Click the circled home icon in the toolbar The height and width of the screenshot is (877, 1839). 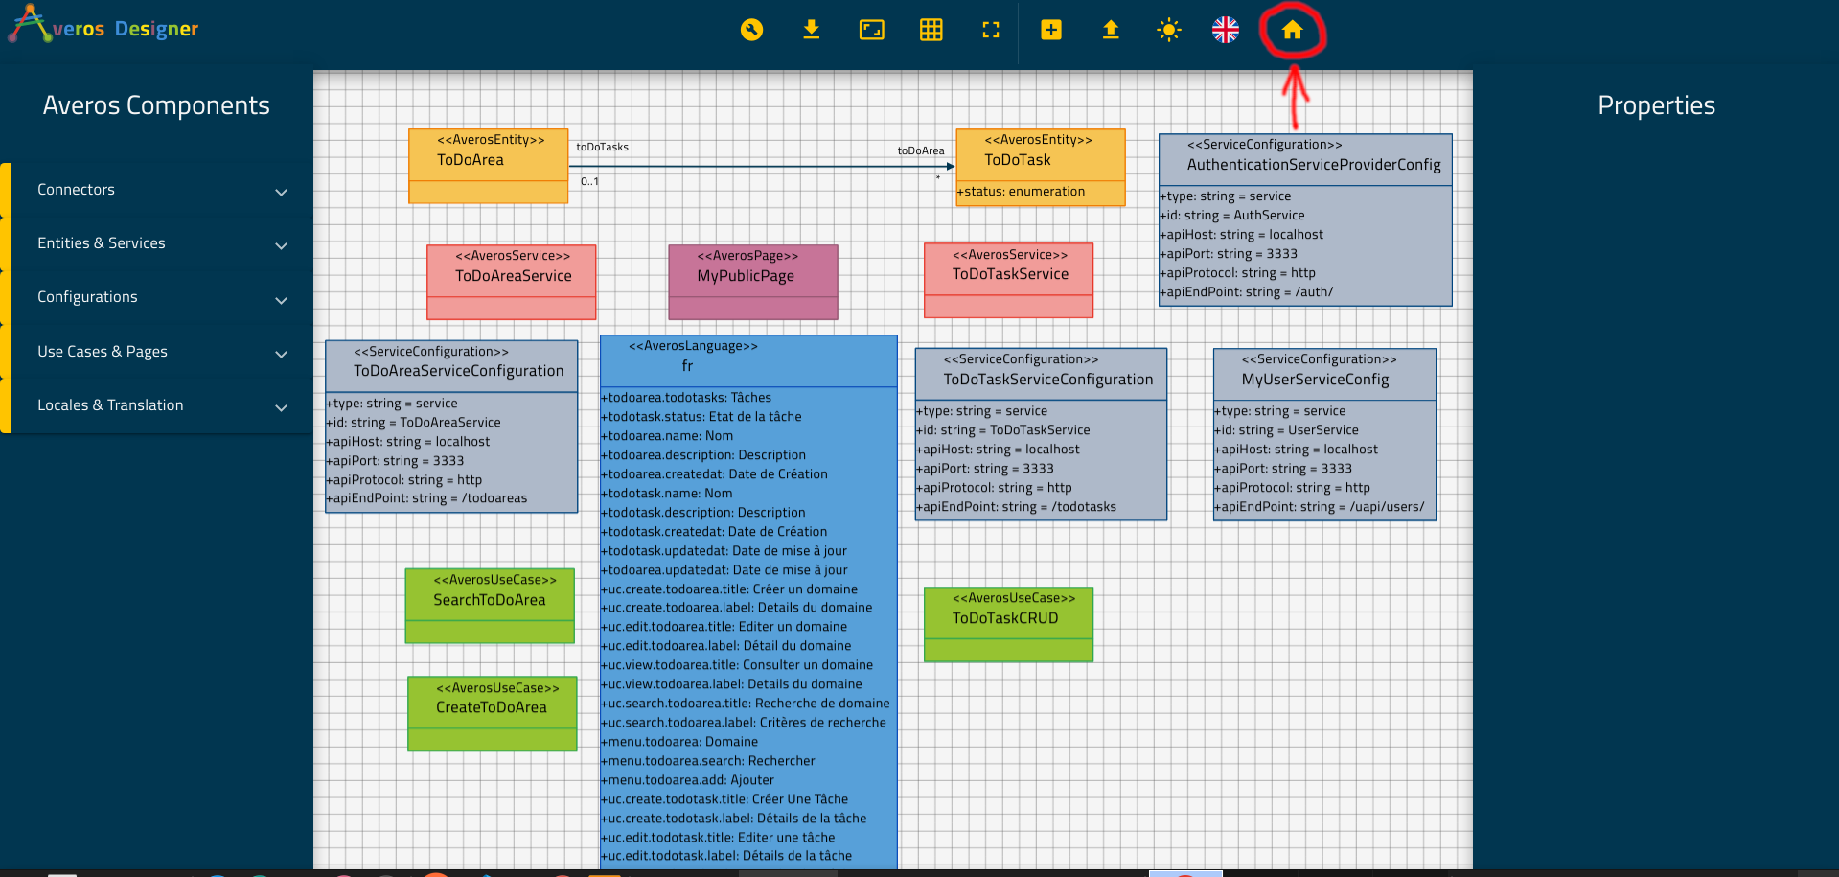coord(1292,30)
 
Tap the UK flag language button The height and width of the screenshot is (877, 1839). coord(1226,30)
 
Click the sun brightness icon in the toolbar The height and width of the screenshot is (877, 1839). coord(1169,30)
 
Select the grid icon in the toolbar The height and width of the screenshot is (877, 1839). coord(931,30)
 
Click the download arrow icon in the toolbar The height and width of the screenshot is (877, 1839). coord(812,30)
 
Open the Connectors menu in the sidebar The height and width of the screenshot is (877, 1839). coord(76,190)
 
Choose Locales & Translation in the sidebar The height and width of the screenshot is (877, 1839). coord(110,405)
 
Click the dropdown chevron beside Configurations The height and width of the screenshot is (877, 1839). coord(282,300)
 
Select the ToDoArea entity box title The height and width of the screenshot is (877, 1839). coord(471,160)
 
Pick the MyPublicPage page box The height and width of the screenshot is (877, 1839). coord(753,282)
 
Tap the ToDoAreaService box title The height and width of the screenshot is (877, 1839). coord(514,276)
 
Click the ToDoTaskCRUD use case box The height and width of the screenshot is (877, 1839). coord(1008,624)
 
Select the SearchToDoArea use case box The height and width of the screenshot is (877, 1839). coord(490,606)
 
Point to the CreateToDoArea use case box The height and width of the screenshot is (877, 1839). coord(493,714)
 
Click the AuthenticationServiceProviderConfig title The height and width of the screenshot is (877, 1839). coord(1314,165)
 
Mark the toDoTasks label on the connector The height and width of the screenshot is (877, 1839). coord(603,147)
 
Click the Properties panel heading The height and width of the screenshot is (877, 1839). coord(1656,105)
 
